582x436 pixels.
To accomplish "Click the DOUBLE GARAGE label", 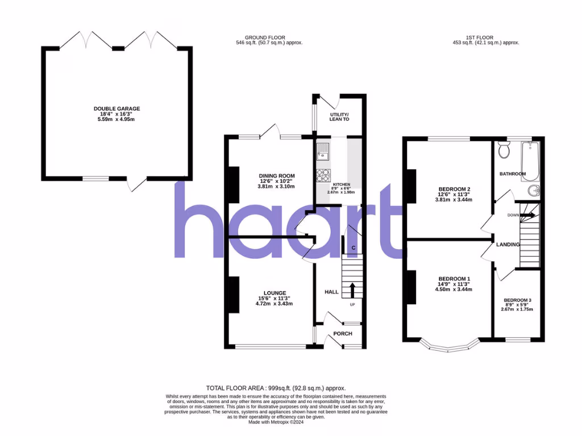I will [117, 108].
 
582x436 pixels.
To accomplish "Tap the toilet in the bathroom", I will [504, 150].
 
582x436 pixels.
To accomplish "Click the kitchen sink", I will [323, 152].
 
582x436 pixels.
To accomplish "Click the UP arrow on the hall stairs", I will [352, 290].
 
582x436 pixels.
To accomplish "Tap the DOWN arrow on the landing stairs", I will [527, 215].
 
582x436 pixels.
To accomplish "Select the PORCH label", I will [342, 333].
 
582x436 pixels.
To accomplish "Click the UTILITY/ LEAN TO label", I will [339, 117].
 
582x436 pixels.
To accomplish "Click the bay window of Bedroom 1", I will [449, 346].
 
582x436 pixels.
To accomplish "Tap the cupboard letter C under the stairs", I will [354, 248].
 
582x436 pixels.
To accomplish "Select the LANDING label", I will [508, 245].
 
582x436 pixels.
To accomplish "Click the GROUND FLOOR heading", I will [269, 37].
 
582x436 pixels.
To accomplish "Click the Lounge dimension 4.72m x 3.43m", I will [274, 304].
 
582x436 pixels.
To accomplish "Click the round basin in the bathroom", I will [534, 190].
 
